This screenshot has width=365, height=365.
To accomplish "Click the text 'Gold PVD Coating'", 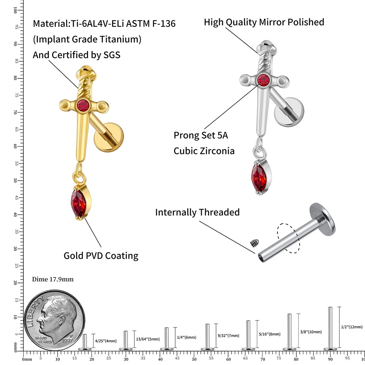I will click(101, 255).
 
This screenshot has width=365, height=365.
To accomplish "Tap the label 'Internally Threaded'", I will click(197, 212).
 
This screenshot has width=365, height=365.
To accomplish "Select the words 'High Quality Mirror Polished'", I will click(264, 22).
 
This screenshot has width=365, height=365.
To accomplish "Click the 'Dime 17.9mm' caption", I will click(53, 280).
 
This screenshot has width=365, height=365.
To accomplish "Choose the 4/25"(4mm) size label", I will click(106, 341).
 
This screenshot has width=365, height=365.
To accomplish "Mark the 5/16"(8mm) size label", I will click(269, 334).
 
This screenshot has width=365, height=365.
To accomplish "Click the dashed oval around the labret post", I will click(288, 238).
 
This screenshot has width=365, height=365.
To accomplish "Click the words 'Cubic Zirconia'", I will click(204, 151).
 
